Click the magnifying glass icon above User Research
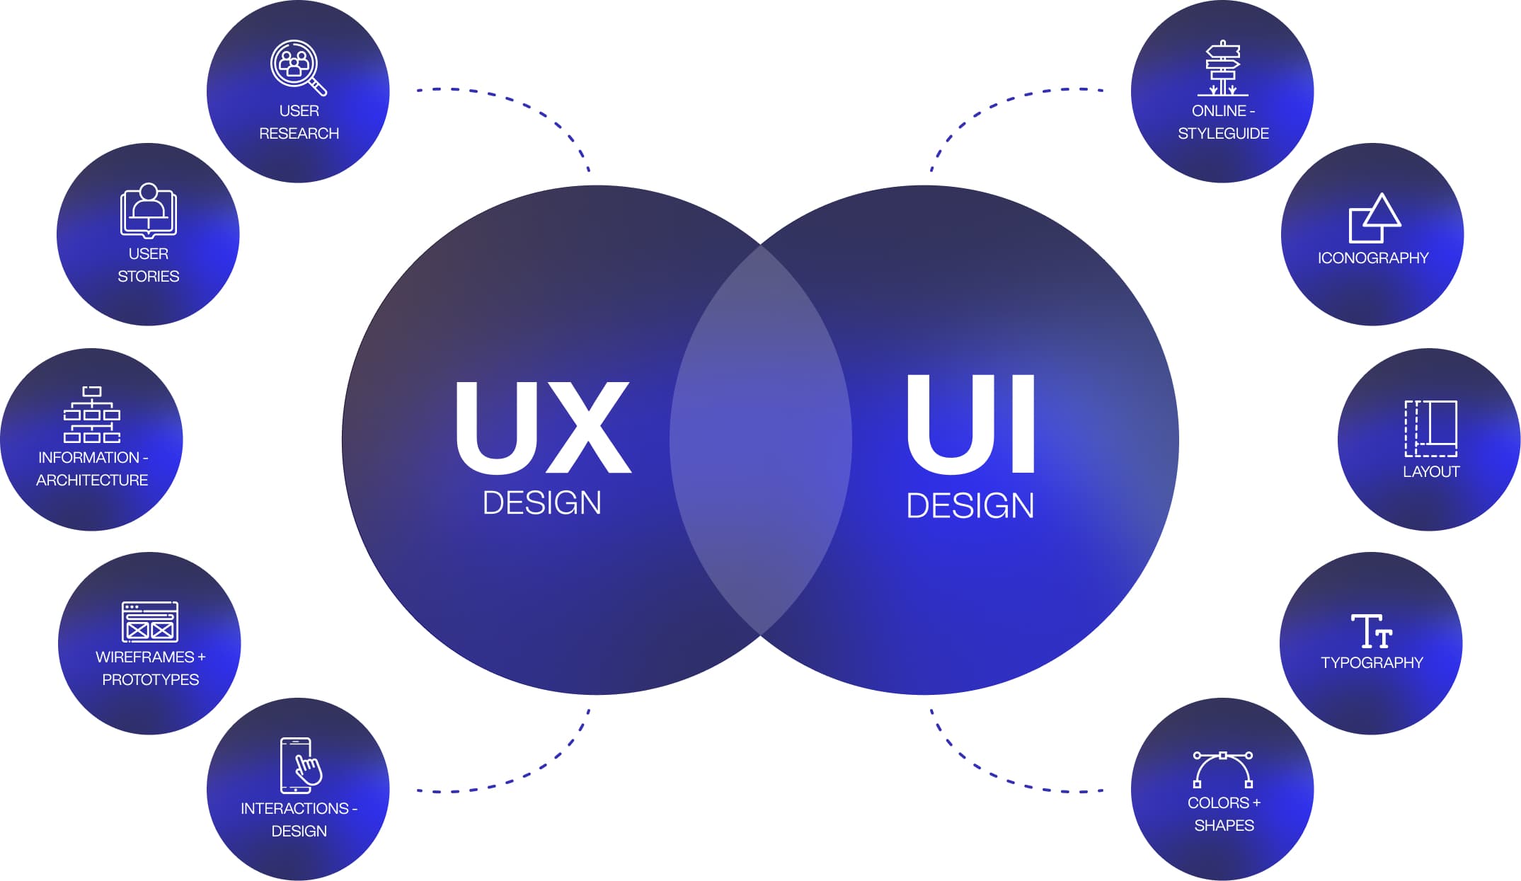pos(297,67)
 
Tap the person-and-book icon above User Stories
pos(149,211)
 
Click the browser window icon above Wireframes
pos(150,621)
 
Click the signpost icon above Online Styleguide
pos(1223,69)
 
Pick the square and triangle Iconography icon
pos(1373,218)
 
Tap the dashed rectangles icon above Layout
pos(1430,428)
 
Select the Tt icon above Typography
pos(1372,630)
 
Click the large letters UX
pos(542,427)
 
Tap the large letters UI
pos(971,425)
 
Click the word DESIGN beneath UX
pos(542,503)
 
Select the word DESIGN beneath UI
pos(970,506)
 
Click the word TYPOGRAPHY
pos(1372,663)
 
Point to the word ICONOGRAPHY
pos(1373,258)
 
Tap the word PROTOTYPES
pos(151,680)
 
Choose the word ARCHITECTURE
pos(92,480)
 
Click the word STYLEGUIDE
pos(1223,134)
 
